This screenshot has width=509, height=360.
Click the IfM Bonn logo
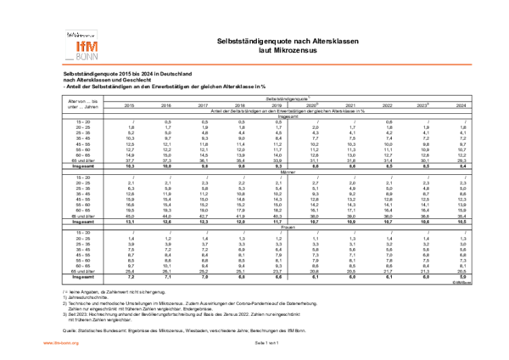[81, 44]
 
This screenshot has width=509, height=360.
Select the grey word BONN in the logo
[87, 57]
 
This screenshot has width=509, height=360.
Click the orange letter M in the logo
[92, 47]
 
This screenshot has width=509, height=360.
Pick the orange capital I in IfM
[79, 47]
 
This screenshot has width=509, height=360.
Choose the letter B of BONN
[79, 57]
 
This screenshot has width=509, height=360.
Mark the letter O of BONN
[84, 57]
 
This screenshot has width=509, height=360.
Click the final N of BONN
[95, 57]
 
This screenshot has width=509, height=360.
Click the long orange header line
[266, 65]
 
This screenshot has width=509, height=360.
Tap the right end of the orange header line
[472, 65]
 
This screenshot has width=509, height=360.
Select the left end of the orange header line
[62, 65]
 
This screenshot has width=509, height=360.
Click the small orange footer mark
[60, 343]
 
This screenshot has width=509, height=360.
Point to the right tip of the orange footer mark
[79, 343]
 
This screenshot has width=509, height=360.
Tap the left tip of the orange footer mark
[43, 343]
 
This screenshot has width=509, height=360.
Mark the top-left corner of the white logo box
[62, 27]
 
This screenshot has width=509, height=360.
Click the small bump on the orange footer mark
[56, 342]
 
